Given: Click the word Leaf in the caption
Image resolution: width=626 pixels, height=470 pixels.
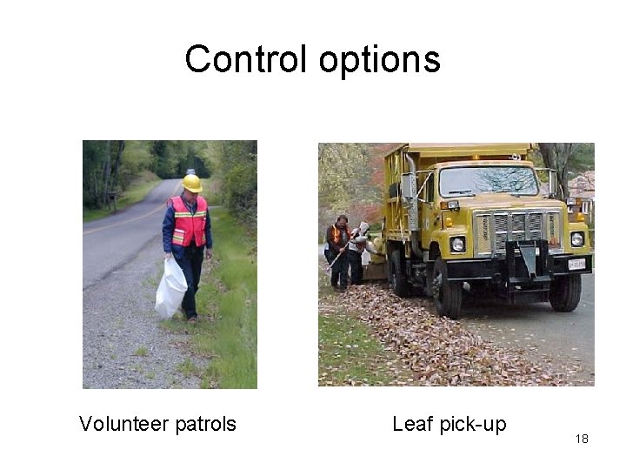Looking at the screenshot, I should pyautogui.click(x=410, y=424).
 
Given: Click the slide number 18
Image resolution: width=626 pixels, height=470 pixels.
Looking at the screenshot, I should pyautogui.click(x=582, y=439).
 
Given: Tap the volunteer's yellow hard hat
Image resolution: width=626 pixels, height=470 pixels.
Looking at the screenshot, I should pyautogui.click(x=192, y=183).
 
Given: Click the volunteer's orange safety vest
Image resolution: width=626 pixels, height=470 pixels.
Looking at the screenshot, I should pyautogui.click(x=189, y=221).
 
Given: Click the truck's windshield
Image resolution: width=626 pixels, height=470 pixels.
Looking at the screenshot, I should pyautogui.click(x=488, y=181).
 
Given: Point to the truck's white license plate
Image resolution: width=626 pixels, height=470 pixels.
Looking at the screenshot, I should pyautogui.click(x=576, y=263).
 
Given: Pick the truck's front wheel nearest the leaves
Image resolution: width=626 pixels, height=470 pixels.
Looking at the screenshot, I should pyautogui.click(x=445, y=289).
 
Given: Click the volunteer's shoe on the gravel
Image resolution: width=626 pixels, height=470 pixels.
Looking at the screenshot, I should pyautogui.click(x=190, y=317).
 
